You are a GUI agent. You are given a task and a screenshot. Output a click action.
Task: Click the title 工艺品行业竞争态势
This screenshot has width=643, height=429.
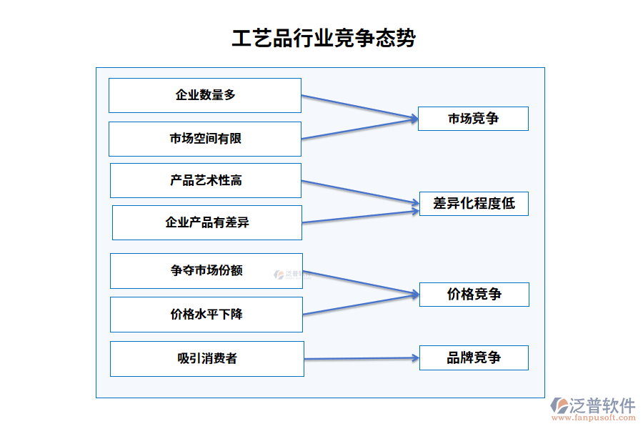(323, 38)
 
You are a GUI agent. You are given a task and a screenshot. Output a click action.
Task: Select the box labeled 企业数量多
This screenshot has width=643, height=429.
(205, 95)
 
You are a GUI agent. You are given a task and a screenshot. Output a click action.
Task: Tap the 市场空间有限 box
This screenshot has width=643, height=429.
(205, 139)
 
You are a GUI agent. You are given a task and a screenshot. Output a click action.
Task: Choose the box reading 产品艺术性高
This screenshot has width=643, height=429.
(206, 180)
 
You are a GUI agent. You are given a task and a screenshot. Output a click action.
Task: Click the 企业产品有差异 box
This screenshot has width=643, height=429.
(207, 222)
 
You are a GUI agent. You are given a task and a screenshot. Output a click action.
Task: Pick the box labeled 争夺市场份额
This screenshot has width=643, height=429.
(206, 270)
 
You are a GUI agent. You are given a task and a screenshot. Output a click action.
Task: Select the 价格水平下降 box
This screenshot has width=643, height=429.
(206, 314)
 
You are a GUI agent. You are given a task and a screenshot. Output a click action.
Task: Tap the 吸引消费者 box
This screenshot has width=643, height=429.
(207, 358)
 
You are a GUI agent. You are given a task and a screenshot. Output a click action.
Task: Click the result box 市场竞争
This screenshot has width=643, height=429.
(473, 119)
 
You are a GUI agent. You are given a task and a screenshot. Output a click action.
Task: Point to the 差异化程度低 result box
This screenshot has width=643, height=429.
(474, 203)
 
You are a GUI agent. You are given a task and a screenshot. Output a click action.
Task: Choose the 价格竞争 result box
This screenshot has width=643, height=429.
(474, 294)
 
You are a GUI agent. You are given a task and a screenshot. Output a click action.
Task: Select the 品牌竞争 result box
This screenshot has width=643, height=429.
(474, 357)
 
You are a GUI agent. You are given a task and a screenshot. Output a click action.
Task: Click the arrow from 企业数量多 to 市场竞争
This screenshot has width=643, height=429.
(359, 107)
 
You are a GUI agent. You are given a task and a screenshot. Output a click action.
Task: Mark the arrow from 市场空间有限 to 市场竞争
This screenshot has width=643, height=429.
(359, 129)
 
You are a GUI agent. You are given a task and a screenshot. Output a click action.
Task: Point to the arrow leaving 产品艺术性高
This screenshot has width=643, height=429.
(359, 193)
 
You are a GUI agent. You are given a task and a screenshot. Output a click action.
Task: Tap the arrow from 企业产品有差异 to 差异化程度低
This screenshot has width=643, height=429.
(359, 216)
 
